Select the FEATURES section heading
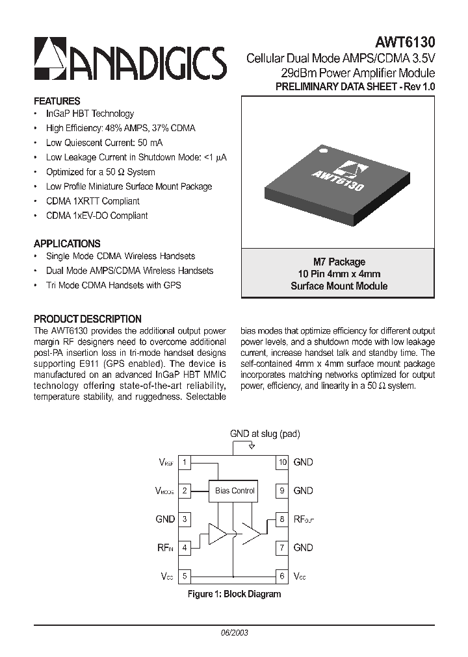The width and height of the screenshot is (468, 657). point(57,101)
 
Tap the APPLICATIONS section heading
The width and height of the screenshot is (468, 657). point(67,243)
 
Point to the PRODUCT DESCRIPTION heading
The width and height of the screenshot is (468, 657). point(87,319)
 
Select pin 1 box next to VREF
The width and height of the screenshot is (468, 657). point(185,462)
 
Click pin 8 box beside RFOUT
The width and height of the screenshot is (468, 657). point(282,519)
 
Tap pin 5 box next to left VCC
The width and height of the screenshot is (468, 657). point(185,576)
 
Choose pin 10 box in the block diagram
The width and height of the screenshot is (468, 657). point(282,462)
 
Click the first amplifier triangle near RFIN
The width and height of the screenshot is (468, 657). point(216,534)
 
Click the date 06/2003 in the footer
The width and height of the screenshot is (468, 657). point(235,632)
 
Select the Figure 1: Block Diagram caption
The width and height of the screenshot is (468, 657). point(234,594)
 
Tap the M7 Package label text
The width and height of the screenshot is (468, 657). point(339,262)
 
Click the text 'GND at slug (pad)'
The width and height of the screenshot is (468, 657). point(265,434)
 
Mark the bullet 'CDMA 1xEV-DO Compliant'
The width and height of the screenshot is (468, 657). point(97,216)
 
